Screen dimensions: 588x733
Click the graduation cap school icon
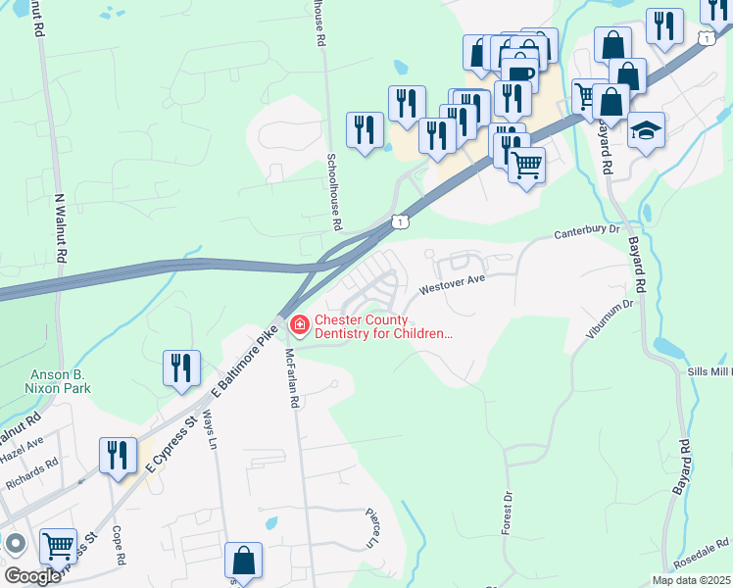point(646,130)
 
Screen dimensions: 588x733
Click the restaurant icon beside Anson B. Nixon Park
point(181,367)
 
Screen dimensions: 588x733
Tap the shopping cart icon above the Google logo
point(58,545)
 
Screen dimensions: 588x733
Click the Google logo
point(32,576)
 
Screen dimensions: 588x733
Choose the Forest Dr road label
point(508,513)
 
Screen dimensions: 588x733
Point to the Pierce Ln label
point(372,527)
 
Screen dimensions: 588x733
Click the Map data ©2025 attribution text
point(690,580)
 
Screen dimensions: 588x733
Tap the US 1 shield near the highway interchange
point(399,222)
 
